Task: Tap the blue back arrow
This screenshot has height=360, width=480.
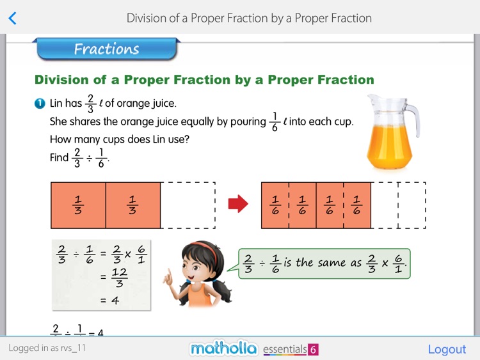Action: [12, 19]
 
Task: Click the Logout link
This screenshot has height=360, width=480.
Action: [447, 349]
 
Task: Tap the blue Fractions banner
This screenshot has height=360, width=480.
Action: [106, 49]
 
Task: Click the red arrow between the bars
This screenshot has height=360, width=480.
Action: [237, 204]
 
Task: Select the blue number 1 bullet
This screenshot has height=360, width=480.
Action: [40, 104]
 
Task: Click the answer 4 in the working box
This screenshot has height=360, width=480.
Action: [115, 299]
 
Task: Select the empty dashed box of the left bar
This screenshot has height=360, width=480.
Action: [188, 205]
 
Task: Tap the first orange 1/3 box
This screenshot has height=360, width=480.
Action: [78, 205]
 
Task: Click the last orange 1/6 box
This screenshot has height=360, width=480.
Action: [357, 205]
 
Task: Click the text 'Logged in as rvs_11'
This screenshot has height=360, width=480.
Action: [47, 348]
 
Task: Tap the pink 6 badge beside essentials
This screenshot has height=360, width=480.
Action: [313, 350]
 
